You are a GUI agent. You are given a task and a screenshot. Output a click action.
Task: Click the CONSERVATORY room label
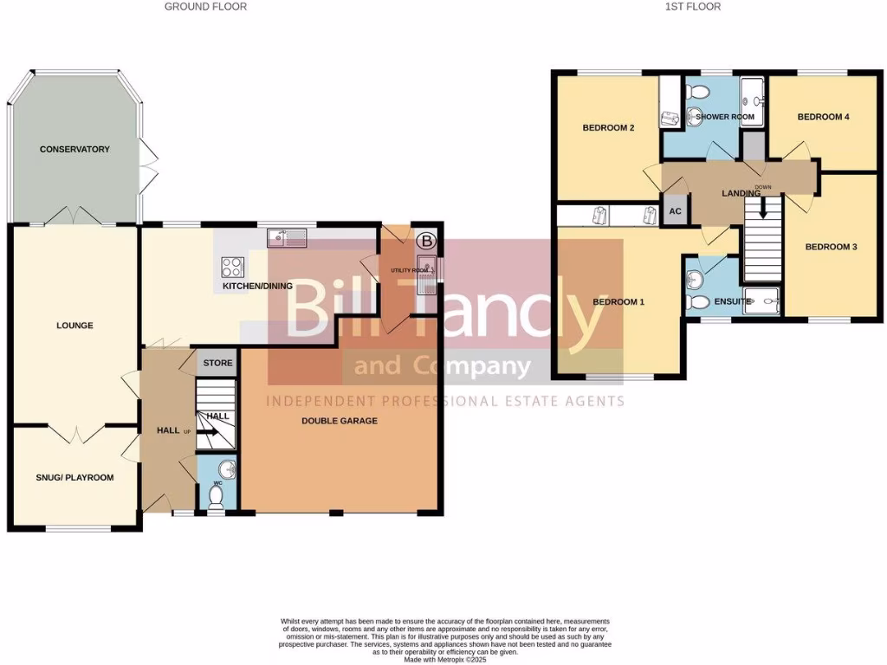74,149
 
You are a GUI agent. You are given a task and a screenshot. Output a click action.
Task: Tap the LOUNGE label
74,326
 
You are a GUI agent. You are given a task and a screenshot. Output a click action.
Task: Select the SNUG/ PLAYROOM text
74,477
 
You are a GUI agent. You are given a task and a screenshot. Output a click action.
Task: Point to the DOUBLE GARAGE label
340,421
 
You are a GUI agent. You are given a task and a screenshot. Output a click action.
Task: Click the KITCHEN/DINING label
257,286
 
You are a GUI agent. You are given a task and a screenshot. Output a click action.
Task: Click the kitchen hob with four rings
233,267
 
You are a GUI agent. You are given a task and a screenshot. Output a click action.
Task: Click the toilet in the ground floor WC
217,495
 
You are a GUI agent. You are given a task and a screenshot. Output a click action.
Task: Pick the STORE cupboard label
218,363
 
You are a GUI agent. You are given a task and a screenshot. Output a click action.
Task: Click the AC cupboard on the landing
675,211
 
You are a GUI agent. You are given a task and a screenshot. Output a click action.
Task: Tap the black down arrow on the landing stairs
763,208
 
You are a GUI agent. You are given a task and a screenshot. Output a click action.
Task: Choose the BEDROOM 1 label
618,301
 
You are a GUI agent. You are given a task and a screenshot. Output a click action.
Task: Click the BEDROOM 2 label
608,128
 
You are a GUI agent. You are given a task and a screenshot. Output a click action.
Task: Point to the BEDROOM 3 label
831,247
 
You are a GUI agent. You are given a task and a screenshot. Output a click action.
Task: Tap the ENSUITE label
733,301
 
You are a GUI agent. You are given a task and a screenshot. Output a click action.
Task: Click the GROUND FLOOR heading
206,7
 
